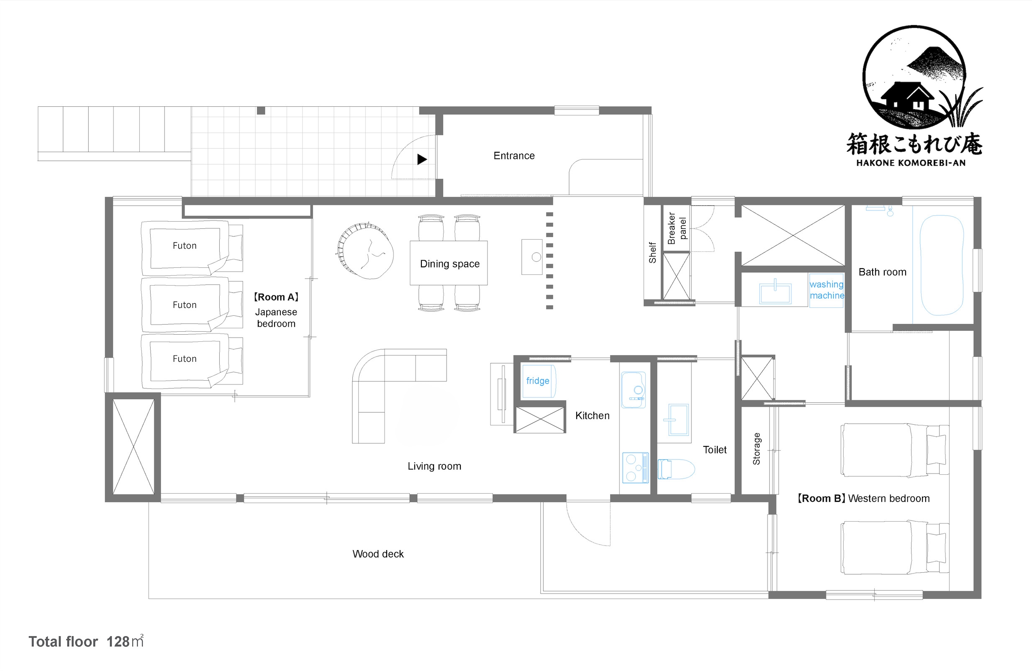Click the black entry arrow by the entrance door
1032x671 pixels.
[x=422, y=159]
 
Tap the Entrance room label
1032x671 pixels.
[x=514, y=156]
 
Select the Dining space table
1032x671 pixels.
[x=449, y=263]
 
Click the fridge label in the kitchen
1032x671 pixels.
[x=538, y=381]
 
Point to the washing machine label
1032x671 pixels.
[x=827, y=289]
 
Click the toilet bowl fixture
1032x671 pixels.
[x=675, y=469]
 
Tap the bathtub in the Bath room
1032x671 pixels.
[x=941, y=265]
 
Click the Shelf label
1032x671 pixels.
[x=652, y=253]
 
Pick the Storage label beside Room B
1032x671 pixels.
[x=757, y=448]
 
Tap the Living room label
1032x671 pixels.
[x=434, y=466]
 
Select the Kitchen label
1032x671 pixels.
[x=592, y=416]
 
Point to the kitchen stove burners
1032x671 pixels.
[x=635, y=467]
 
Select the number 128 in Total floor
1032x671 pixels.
[x=118, y=642]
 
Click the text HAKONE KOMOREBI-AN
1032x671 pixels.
[x=911, y=163]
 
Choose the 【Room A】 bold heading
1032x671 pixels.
[x=276, y=297]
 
